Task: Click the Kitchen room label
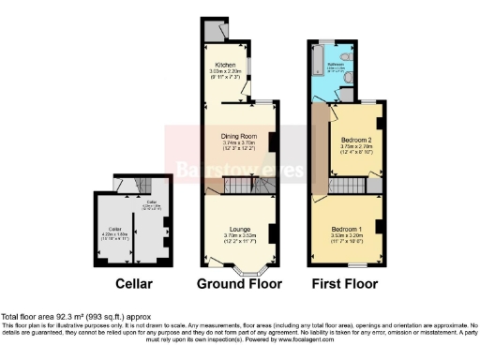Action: (226, 65)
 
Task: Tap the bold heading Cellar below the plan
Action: (134, 283)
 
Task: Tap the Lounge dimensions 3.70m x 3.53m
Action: (239, 235)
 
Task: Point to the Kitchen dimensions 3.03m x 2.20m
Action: (226, 71)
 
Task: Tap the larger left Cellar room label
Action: (115, 228)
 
